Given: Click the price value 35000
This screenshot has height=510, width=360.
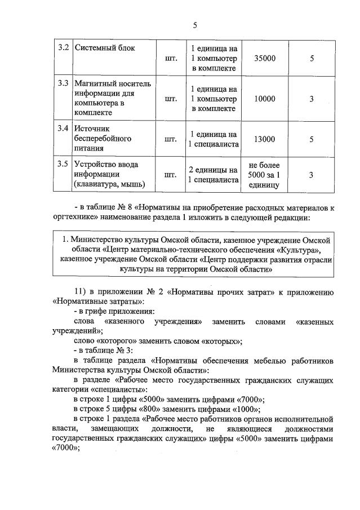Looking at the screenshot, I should (265, 58).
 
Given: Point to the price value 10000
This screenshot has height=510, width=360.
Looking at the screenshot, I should (265, 99).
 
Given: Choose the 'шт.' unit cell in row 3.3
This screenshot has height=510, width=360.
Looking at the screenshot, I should (171, 99).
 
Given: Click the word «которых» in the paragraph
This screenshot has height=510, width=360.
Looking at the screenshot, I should (220, 341).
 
